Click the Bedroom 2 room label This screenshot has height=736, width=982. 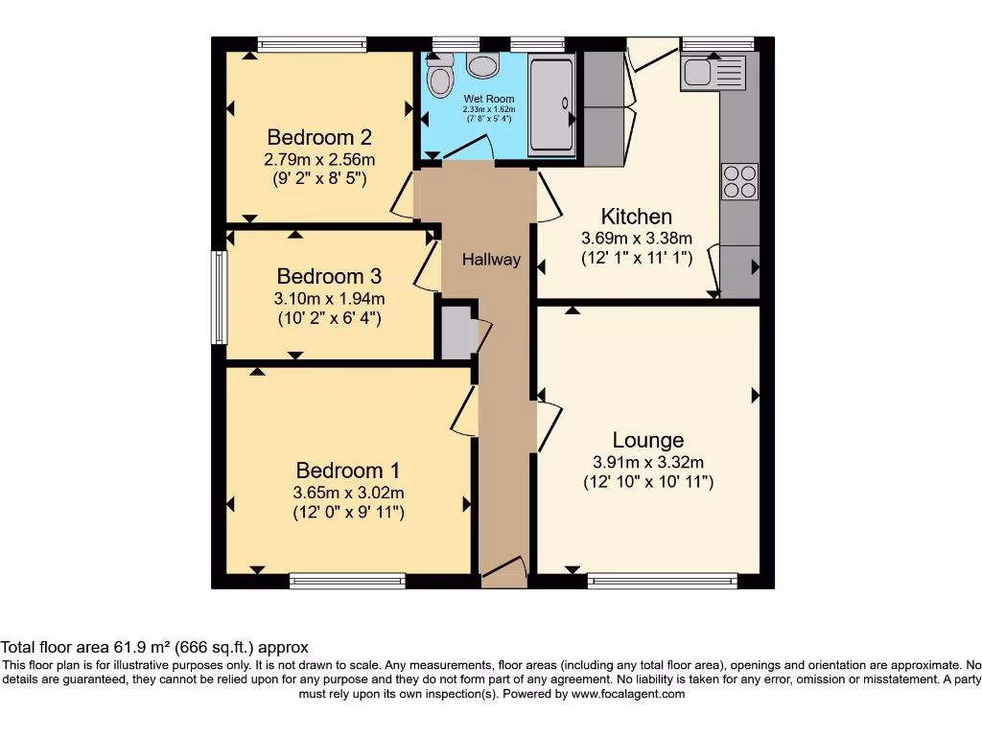(319, 136)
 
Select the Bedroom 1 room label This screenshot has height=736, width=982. (348, 471)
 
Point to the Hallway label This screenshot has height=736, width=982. (491, 260)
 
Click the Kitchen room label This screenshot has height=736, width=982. (636, 217)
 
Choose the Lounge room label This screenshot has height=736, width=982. (648, 440)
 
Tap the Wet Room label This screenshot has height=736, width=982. (489, 99)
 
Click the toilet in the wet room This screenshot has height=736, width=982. (440, 76)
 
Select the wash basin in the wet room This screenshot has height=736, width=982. (482, 64)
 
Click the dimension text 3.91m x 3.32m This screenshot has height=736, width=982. (648, 462)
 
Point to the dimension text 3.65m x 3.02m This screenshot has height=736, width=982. (348, 493)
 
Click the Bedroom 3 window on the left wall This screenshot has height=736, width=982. (220, 297)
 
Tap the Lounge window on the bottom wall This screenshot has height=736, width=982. (662, 581)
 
